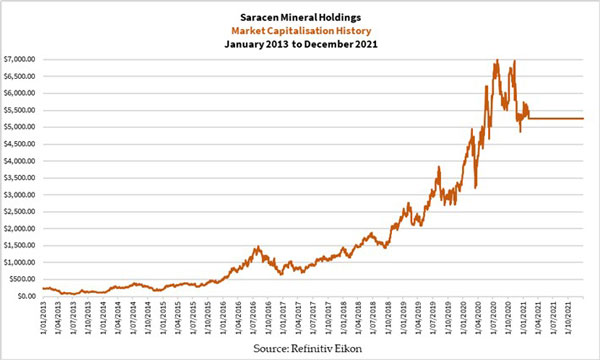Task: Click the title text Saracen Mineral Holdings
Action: (300, 17)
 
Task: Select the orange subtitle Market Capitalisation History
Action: (300, 30)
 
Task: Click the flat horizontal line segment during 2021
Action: (555, 119)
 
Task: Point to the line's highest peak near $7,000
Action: (496, 61)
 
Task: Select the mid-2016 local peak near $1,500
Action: (256, 247)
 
